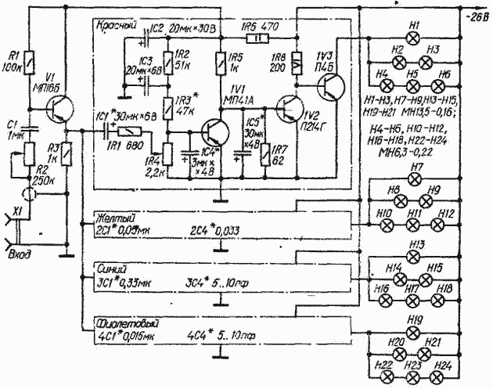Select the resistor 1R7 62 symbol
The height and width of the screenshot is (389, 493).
tap(268, 151)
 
